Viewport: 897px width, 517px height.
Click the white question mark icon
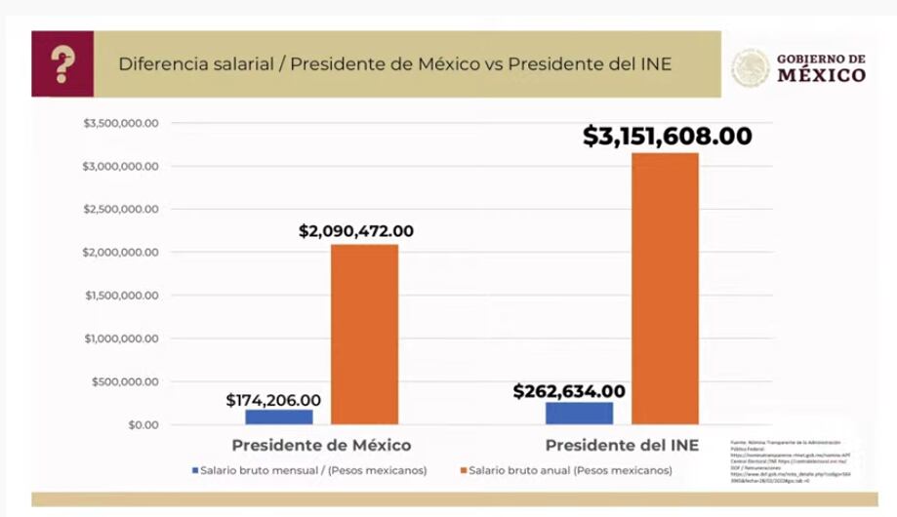click(63, 64)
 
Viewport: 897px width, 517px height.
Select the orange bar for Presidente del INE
click(665, 288)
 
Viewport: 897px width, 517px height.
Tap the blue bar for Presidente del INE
click(579, 413)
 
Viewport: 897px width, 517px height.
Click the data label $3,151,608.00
click(668, 136)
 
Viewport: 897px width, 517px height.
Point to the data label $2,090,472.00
click(356, 231)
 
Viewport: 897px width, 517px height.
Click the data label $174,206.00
click(272, 400)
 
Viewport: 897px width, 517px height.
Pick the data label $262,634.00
click(569, 391)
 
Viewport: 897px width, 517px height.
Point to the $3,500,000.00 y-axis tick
click(122, 123)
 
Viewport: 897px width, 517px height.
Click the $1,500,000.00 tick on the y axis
click(122, 296)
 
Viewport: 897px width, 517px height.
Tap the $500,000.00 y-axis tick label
click(126, 381)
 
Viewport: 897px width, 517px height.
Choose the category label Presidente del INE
click(622, 445)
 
